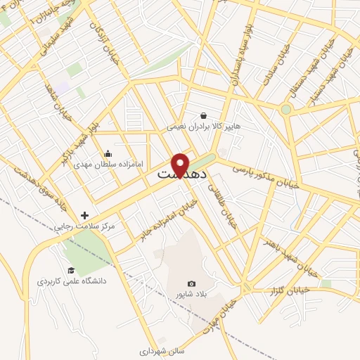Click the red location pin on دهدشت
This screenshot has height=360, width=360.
(x=181, y=165)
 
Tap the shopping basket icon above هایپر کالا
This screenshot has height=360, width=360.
(x=203, y=115)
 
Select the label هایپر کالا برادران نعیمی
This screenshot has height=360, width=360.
(x=203, y=127)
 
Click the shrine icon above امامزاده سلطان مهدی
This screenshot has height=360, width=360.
(x=108, y=153)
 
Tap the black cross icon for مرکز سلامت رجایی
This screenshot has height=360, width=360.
(x=85, y=215)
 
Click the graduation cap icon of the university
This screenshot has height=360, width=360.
(x=70, y=270)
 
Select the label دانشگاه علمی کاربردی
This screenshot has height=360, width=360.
(x=73, y=281)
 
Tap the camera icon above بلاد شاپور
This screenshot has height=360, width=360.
(x=191, y=283)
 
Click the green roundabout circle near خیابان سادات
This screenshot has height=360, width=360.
(x=285, y=109)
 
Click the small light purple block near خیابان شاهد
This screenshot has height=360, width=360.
(x=63, y=88)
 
